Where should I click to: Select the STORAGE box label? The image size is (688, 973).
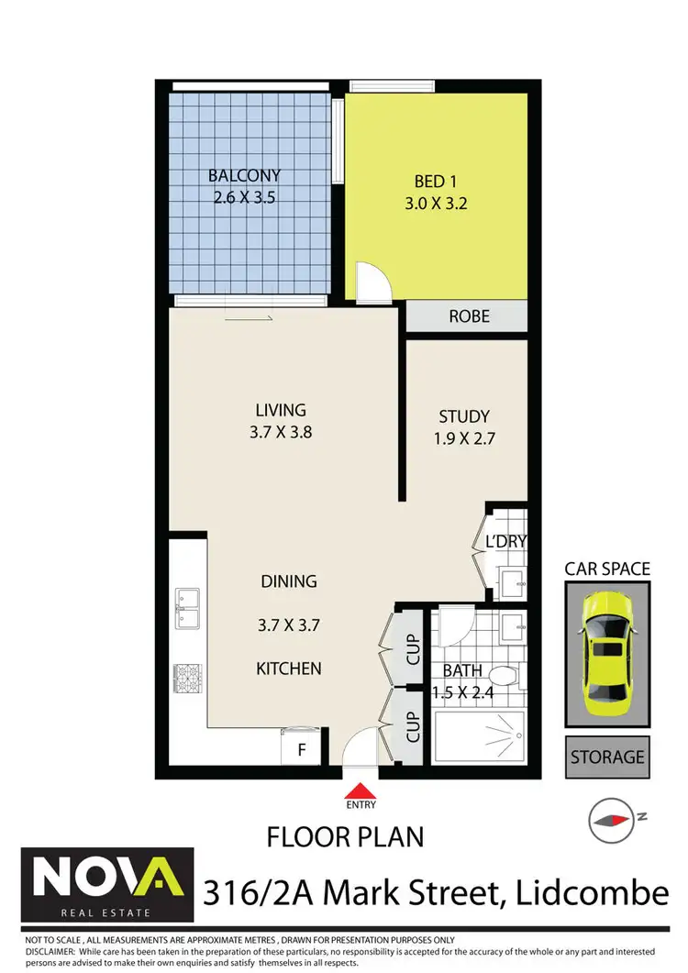click(x=607, y=757)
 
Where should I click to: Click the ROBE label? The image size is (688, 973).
click(x=469, y=316)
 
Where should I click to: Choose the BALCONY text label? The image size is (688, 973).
click(x=244, y=175)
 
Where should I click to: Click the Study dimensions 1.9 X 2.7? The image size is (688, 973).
click(x=464, y=438)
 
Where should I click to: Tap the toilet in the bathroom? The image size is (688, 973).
click(x=507, y=677)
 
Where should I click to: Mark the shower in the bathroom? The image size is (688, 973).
click(x=478, y=735)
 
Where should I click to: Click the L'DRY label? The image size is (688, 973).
click(x=505, y=541)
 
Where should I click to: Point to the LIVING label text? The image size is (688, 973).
click(x=281, y=410)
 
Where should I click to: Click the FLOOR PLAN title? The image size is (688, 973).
click(x=345, y=836)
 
